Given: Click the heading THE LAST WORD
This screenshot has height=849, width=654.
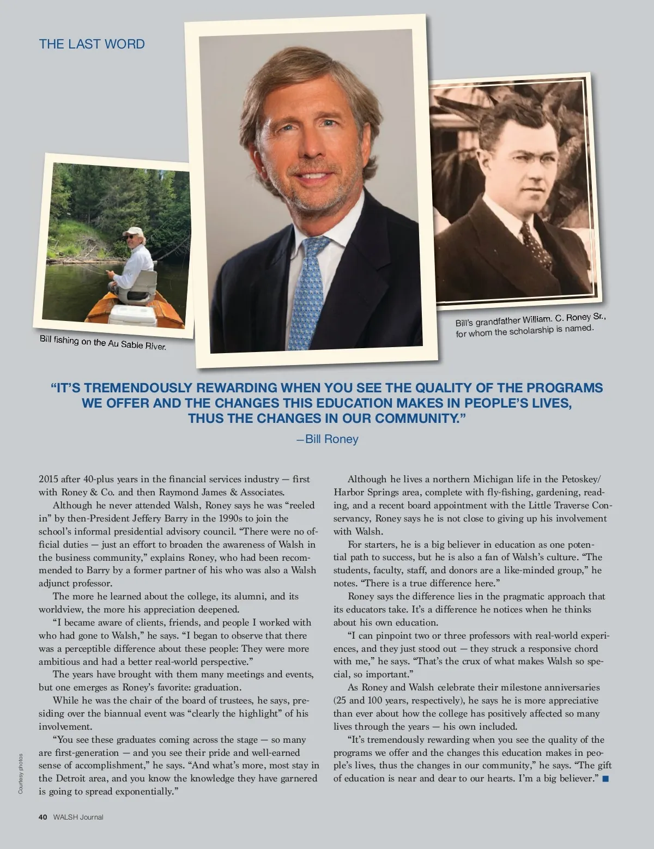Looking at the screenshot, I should click(92, 44).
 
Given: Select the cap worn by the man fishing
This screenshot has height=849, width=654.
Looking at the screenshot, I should click(132, 231).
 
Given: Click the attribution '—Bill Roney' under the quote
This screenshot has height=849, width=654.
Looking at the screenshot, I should click(327, 439).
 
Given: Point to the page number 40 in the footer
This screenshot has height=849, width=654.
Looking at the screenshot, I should click(43, 817).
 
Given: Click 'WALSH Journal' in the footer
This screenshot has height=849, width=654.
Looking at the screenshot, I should click(78, 817).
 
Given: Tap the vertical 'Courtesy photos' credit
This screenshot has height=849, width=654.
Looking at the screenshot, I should click(21, 773).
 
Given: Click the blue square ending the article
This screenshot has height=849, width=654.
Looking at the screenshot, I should click(605, 779).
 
